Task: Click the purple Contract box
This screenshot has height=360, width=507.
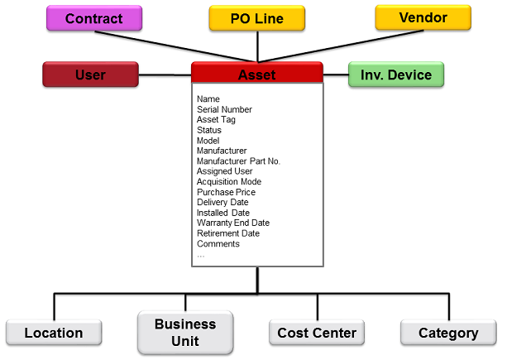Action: (x=93, y=18)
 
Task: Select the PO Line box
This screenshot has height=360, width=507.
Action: (x=256, y=18)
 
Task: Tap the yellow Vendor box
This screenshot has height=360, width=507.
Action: (x=423, y=17)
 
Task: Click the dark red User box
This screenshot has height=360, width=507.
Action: (x=90, y=74)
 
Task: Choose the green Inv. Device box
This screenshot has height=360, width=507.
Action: (x=395, y=74)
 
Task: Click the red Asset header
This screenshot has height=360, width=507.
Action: (x=256, y=74)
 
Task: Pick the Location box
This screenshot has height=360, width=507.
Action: (x=54, y=333)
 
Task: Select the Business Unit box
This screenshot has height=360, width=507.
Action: (x=185, y=332)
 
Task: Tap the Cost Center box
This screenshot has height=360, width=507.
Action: (x=317, y=333)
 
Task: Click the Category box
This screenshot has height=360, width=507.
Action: (x=448, y=333)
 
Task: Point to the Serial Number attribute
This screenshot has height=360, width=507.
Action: (x=224, y=109)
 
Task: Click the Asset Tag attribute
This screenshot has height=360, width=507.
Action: (x=216, y=120)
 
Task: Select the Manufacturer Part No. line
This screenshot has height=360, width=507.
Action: (x=238, y=161)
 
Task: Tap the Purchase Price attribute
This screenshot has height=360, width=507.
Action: (x=226, y=192)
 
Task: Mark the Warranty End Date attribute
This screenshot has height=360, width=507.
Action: (x=232, y=223)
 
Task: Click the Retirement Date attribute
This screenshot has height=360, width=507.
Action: (x=228, y=233)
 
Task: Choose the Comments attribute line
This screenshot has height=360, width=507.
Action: (x=218, y=244)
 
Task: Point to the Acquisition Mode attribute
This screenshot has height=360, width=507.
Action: (x=228, y=182)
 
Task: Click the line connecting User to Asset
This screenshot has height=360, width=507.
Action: (x=165, y=74)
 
